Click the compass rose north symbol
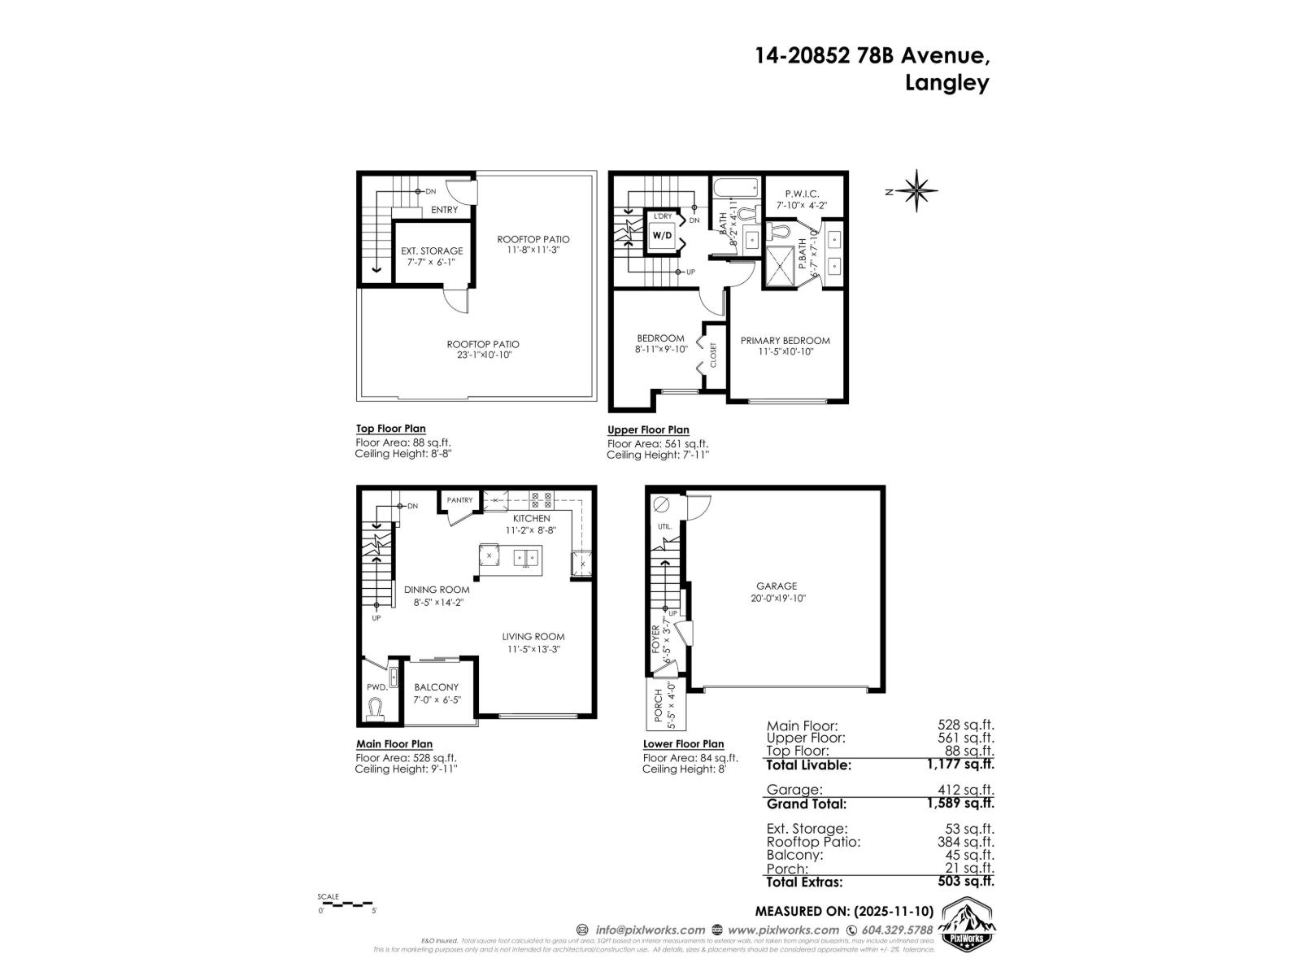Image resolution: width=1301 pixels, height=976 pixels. (917, 192)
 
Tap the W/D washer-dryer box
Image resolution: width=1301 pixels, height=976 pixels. (662, 236)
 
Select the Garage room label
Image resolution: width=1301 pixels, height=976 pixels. (777, 586)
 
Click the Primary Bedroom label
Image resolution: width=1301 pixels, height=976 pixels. (785, 341)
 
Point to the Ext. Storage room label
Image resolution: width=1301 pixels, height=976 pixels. (432, 251)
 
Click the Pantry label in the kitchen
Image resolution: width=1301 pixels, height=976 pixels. (459, 500)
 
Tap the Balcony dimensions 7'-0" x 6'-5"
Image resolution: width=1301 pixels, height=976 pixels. (436, 699)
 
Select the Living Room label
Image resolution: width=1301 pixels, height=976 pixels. (533, 637)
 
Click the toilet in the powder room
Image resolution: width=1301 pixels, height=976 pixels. (375, 712)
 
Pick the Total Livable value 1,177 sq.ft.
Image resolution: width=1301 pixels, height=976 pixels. (960, 765)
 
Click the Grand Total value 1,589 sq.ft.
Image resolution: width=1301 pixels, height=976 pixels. (960, 804)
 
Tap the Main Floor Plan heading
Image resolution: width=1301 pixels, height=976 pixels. (394, 744)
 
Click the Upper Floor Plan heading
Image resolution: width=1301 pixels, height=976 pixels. (648, 430)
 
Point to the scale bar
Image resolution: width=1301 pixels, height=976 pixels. (346, 904)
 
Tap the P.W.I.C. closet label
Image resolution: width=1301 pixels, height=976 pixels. (802, 194)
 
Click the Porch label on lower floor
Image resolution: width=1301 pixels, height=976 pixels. (659, 706)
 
